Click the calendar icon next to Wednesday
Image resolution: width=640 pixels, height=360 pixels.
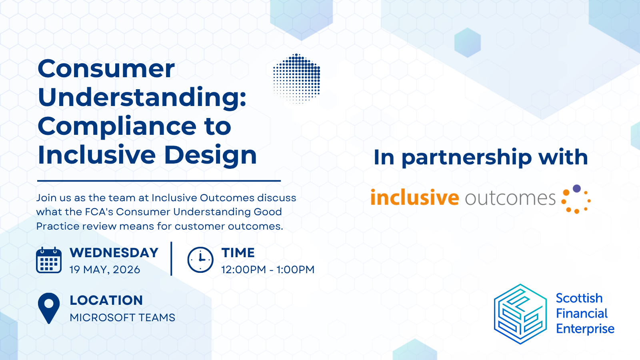tap(49, 260)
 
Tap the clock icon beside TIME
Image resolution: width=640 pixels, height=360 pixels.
tap(200, 260)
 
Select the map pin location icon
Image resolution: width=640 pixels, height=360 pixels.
tap(49, 307)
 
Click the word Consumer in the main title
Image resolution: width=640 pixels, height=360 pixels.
tap(106, 69)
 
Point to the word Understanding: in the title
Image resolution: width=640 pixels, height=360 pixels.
tap(142, 98)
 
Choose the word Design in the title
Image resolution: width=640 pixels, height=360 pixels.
tap(210, 155)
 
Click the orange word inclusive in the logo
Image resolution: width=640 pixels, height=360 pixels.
tap(414, 198)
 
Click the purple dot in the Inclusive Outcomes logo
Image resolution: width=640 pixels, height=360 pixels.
tap(577, 188)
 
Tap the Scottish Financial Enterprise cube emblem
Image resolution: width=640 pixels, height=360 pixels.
tap(520, 314)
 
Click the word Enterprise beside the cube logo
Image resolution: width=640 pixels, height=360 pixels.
tap(585, 329)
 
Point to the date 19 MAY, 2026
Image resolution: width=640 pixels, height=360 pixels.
tap(105, 270)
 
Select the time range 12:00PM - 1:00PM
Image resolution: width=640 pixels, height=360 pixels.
tap(268, 270)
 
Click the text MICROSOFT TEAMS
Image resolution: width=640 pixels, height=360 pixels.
tap(122, 318)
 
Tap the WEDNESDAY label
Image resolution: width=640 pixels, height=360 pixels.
tap(114, 253)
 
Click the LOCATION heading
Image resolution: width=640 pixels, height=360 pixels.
tap(106, 300)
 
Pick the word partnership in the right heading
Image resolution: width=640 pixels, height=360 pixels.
tap(466, 158)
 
